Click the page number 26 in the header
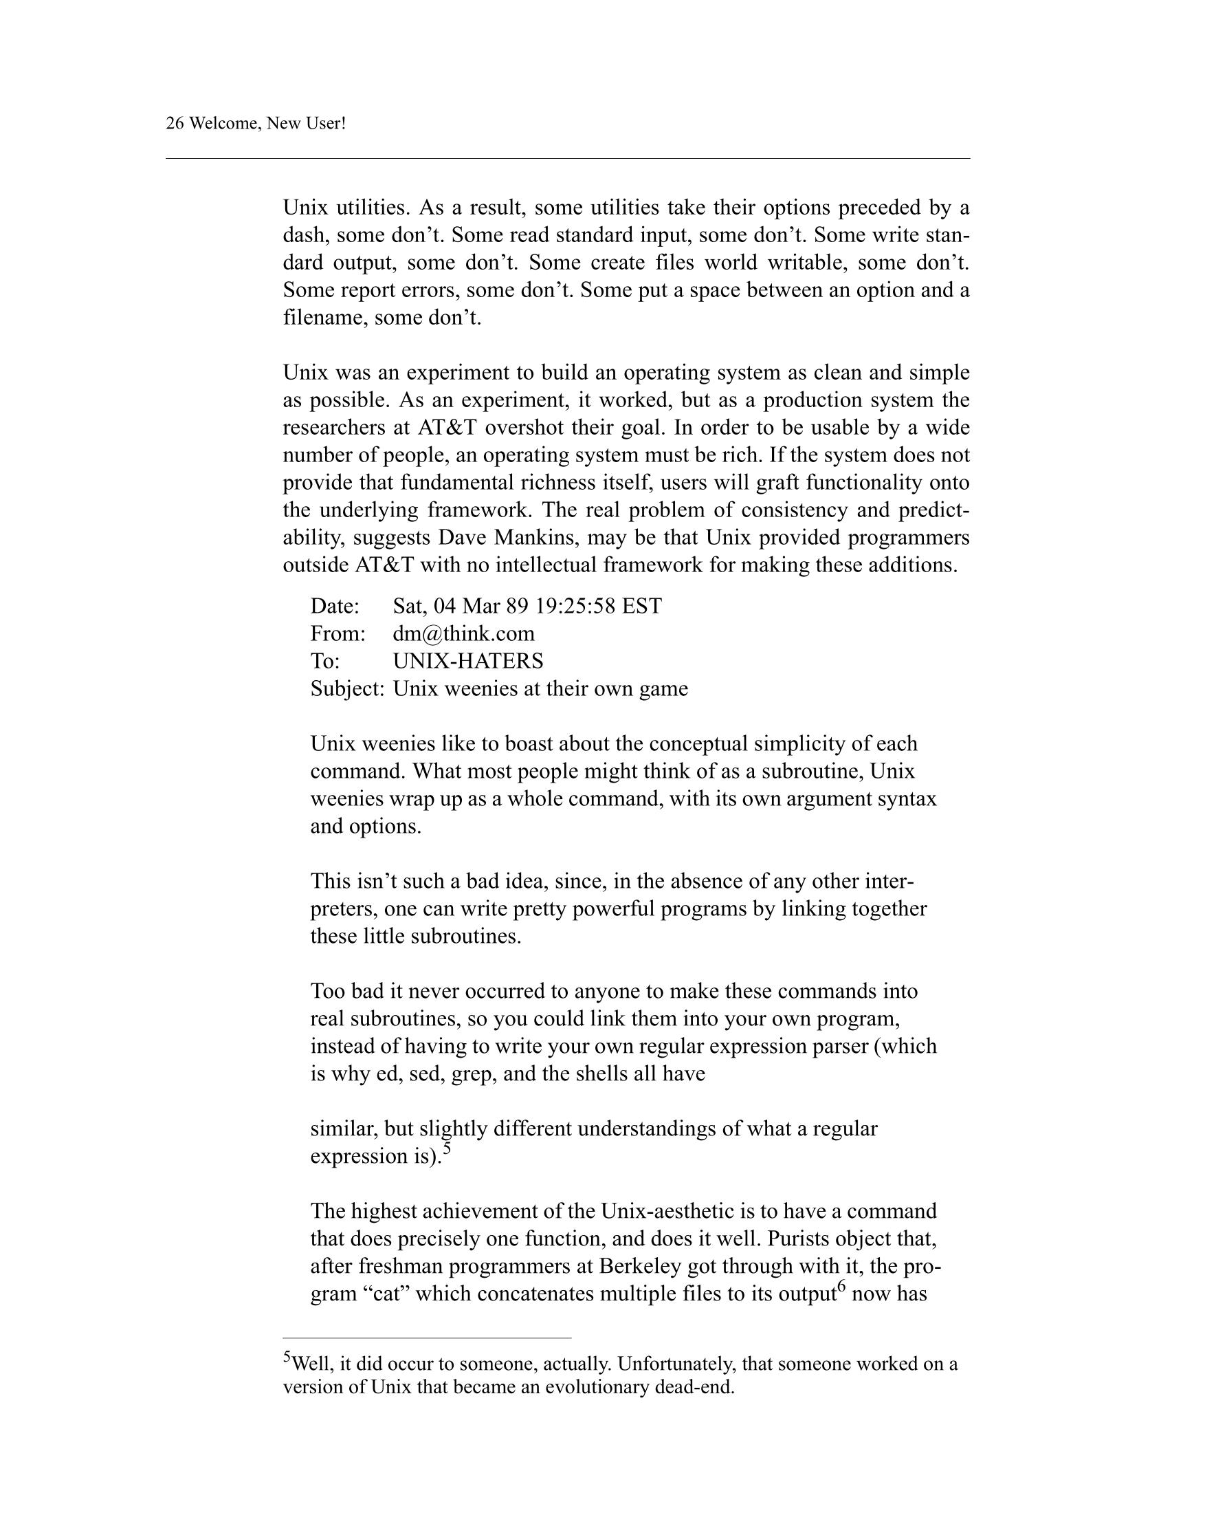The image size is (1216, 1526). [x=175, y=124]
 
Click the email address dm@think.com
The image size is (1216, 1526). [x=463, y=633]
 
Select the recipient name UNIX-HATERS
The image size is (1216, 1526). [x=467, y=661]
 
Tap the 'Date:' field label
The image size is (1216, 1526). [x=335, y=607]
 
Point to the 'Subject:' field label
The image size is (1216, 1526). [x=346, y=688]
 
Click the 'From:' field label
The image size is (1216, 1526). [x=338, y=633]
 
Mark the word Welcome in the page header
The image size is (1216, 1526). [x=222, y=124]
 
